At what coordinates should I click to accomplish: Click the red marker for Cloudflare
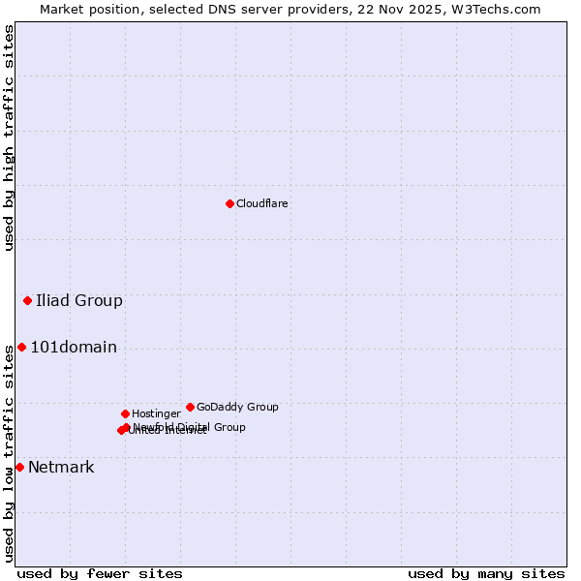click(x=229, y=203)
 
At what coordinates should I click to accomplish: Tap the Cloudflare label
click(x=261, y=203)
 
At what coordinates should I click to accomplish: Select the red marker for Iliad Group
click(x=27, y=300)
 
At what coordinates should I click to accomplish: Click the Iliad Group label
click(x=79, y=300)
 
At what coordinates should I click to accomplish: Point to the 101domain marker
click(x=21, y=347)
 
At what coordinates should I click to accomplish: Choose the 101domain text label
click(x=74, y=348)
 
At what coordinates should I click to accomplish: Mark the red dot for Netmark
click(x=19, y=467)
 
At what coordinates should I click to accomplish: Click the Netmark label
click(x=61, y=468)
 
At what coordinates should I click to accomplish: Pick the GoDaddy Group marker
click(x=190, y=407)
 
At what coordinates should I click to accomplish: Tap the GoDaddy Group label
click(x=237, y=407)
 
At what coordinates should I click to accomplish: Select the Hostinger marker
click(x=125, y=413)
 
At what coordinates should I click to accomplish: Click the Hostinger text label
click(x=156, y=413)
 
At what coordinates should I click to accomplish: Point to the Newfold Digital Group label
click(x=191, y=426)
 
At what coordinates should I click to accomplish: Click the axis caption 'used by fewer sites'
click(x=100, y=573)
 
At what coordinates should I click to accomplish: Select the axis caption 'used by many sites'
click(x=486, y=573)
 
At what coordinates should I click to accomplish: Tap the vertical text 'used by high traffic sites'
click(x=9, y=138)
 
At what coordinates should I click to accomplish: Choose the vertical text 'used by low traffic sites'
click(x=9, y=453)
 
